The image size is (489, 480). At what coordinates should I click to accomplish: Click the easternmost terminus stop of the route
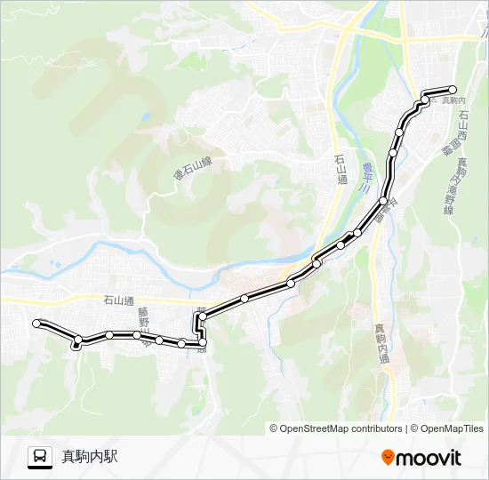pos(453,89)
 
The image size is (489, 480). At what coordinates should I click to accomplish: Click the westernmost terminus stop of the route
pos(36,324)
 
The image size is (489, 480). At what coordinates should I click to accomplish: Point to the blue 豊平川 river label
pos(365,176)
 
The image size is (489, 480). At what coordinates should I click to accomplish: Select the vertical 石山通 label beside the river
pos(341,168)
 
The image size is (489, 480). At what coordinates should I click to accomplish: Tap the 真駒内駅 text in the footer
pos(89,457)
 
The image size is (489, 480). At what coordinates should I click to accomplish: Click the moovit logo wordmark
pos(429,458)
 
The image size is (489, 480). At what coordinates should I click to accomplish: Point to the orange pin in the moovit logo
pos(388,457)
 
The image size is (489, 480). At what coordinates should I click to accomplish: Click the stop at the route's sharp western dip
pos(77,340)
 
